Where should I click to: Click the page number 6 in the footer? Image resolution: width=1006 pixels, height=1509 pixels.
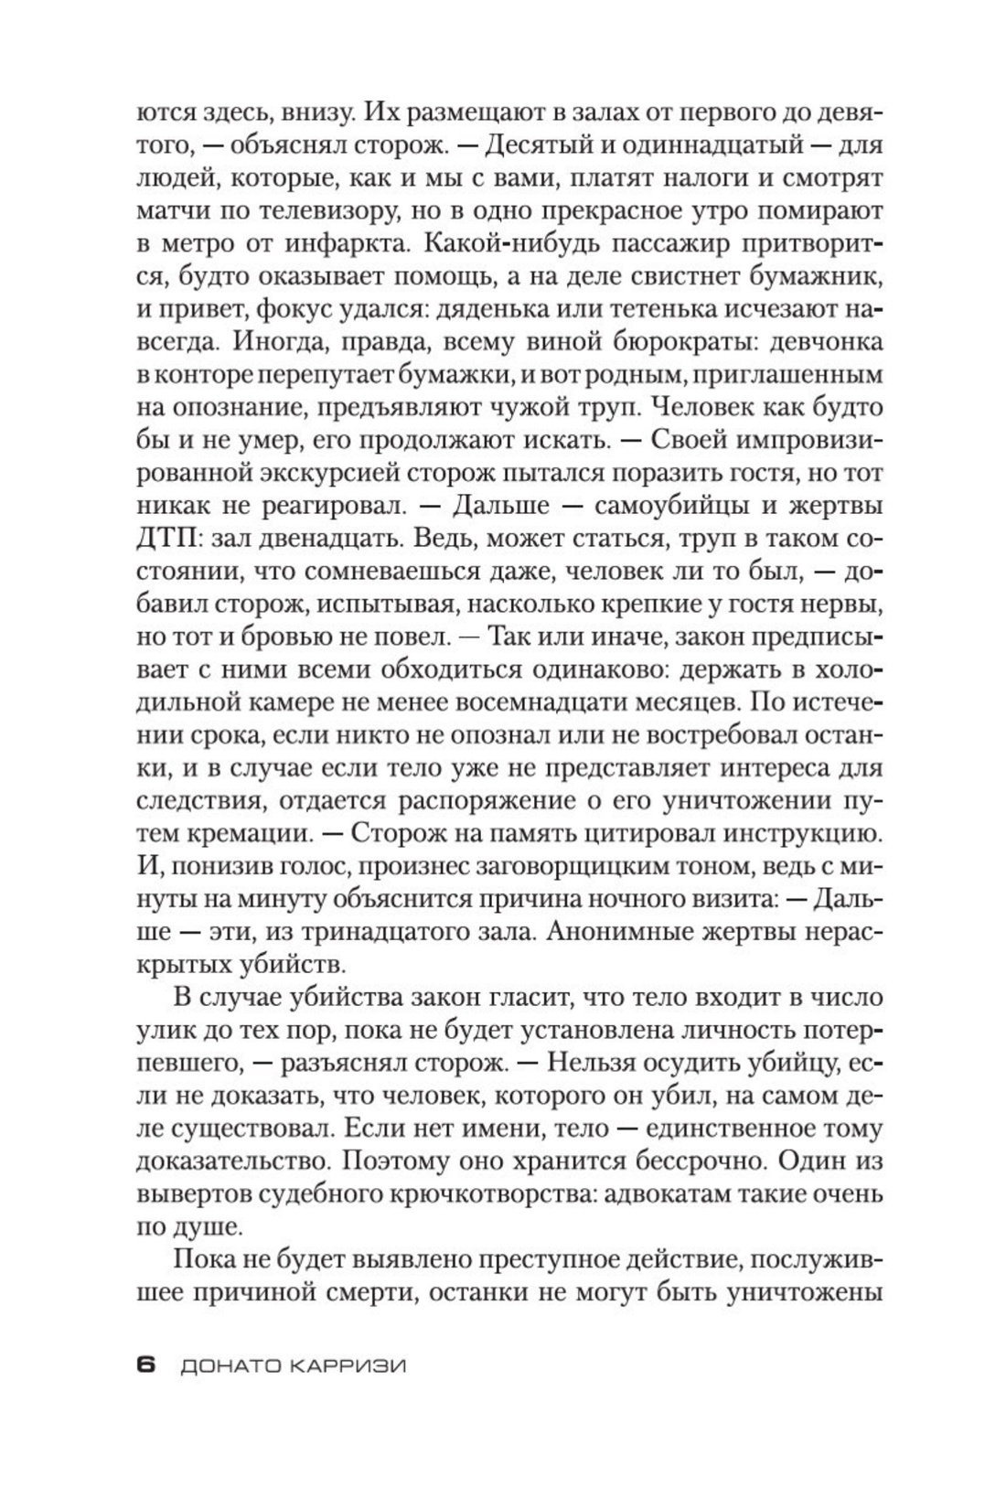coord(146,1365)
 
